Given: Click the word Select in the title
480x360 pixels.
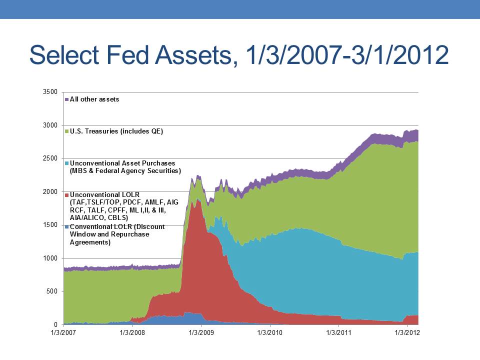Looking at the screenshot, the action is (x=64, y=55).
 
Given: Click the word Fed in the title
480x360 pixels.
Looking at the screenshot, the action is (x=127, y=55).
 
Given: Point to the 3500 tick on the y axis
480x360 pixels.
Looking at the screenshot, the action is (x=50, y=92).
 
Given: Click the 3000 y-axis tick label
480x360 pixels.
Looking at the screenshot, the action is (x=50, y=125).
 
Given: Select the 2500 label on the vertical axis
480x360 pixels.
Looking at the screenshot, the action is (x=50, y=158).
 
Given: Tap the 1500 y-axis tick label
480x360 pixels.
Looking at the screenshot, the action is (x=50, y=225).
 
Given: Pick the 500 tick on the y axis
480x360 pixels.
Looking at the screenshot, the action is (x=52, y=291).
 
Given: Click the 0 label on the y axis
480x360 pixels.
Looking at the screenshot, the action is (x=55, y=324).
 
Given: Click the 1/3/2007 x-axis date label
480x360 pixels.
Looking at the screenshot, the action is (x=63, y=333).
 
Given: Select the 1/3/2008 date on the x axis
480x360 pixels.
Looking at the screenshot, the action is (x=132, y=333).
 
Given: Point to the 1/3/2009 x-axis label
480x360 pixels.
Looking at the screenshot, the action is (x=201, y=333).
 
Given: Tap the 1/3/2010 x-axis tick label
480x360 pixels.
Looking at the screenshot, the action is (x=269, y=333).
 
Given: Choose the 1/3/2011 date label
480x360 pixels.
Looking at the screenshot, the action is (x=338, y=333).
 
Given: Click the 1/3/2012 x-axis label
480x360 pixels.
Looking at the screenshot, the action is (x=407, y=333).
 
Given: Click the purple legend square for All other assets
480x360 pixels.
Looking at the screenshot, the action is (x=66, y=99).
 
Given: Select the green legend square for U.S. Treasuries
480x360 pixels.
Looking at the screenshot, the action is (x=66, y=131).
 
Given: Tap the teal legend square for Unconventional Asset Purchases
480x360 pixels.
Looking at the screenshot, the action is (x=66, y=163).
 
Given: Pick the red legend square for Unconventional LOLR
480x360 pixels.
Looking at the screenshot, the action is (x=66, y=195).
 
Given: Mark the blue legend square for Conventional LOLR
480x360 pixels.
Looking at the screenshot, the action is (x=66, y=227).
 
